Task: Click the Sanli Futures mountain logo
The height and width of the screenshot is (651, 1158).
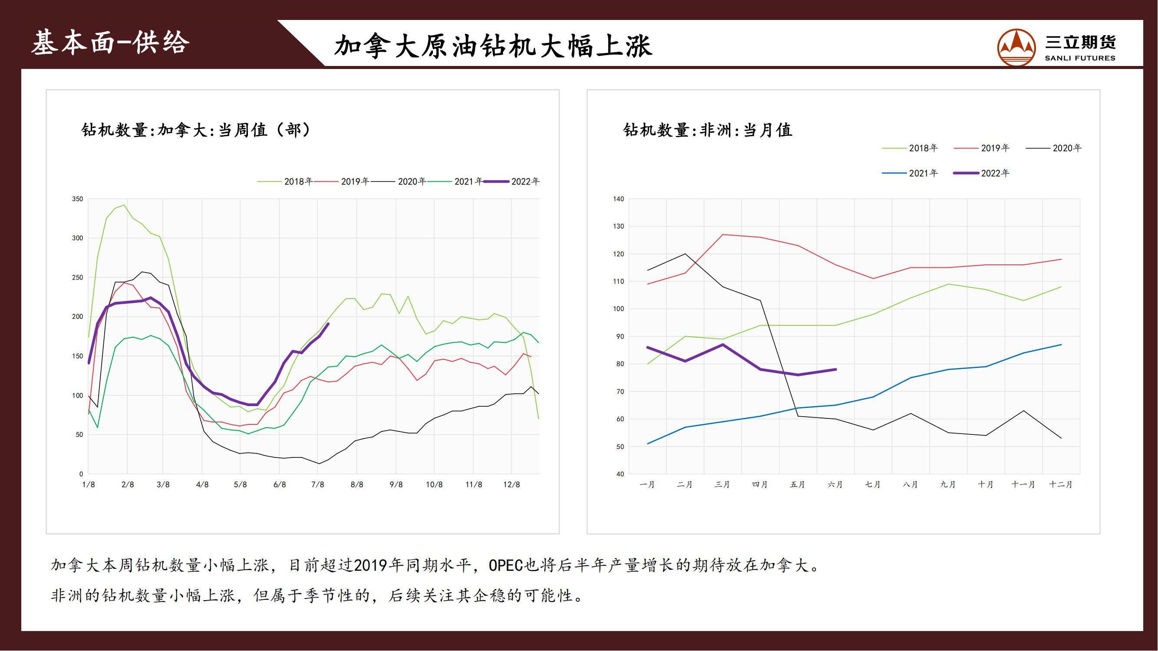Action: [x=1016, y=47]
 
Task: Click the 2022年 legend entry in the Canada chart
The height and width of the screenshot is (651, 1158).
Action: [x=512, y=181]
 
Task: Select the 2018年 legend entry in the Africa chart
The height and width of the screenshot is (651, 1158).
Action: [x=911, y=148]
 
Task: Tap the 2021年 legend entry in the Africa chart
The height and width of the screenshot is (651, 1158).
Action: [x=911, y=174]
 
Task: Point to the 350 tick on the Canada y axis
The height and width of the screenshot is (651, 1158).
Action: [x=78, y=199]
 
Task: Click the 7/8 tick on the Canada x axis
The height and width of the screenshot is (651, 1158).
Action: [x=318, y=485]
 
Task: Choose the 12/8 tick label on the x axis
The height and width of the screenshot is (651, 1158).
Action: [x=511, y=485]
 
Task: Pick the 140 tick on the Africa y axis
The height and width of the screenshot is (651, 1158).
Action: [x=619, y=199]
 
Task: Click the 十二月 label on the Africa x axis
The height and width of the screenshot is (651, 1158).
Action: [x=1061, y=485]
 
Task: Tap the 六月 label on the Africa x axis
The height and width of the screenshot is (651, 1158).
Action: [x=835, y=485]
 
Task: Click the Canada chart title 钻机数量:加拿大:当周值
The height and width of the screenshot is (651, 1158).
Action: [x=196, y=130]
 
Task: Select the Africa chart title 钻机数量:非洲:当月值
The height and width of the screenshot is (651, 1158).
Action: [x=708, y=130]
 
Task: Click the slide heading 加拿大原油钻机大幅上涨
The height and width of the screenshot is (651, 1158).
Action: [x=493, y=46]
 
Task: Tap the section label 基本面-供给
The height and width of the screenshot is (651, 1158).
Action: [x=111, y=43]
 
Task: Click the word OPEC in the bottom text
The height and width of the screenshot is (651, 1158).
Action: [x=507, y=565]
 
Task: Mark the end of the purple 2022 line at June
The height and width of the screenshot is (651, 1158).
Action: [x=836, y=370]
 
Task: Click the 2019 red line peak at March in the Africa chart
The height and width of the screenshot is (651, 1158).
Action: [x=723, y=234]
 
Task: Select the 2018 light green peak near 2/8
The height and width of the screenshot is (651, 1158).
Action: [x=124, y=205]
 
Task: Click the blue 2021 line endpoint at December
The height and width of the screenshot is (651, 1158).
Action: [x=1061, y=345]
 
